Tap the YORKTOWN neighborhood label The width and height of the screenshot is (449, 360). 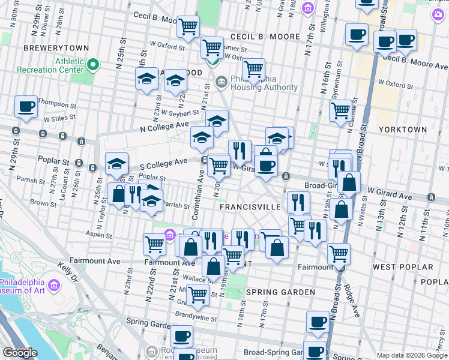click(403, 130)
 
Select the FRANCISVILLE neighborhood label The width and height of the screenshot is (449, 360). click(250, 206)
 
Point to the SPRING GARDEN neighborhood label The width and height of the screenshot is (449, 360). click(280, 292)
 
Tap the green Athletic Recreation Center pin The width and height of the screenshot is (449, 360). click(92, 64)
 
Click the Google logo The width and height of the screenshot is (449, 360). click(20, 353)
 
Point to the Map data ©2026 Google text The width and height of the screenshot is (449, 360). click(412, 355)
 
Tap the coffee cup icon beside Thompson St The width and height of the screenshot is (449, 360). click(26, 106)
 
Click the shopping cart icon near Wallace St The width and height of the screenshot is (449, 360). click(197, 295)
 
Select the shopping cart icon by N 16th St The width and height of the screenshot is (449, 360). click(340, 110)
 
